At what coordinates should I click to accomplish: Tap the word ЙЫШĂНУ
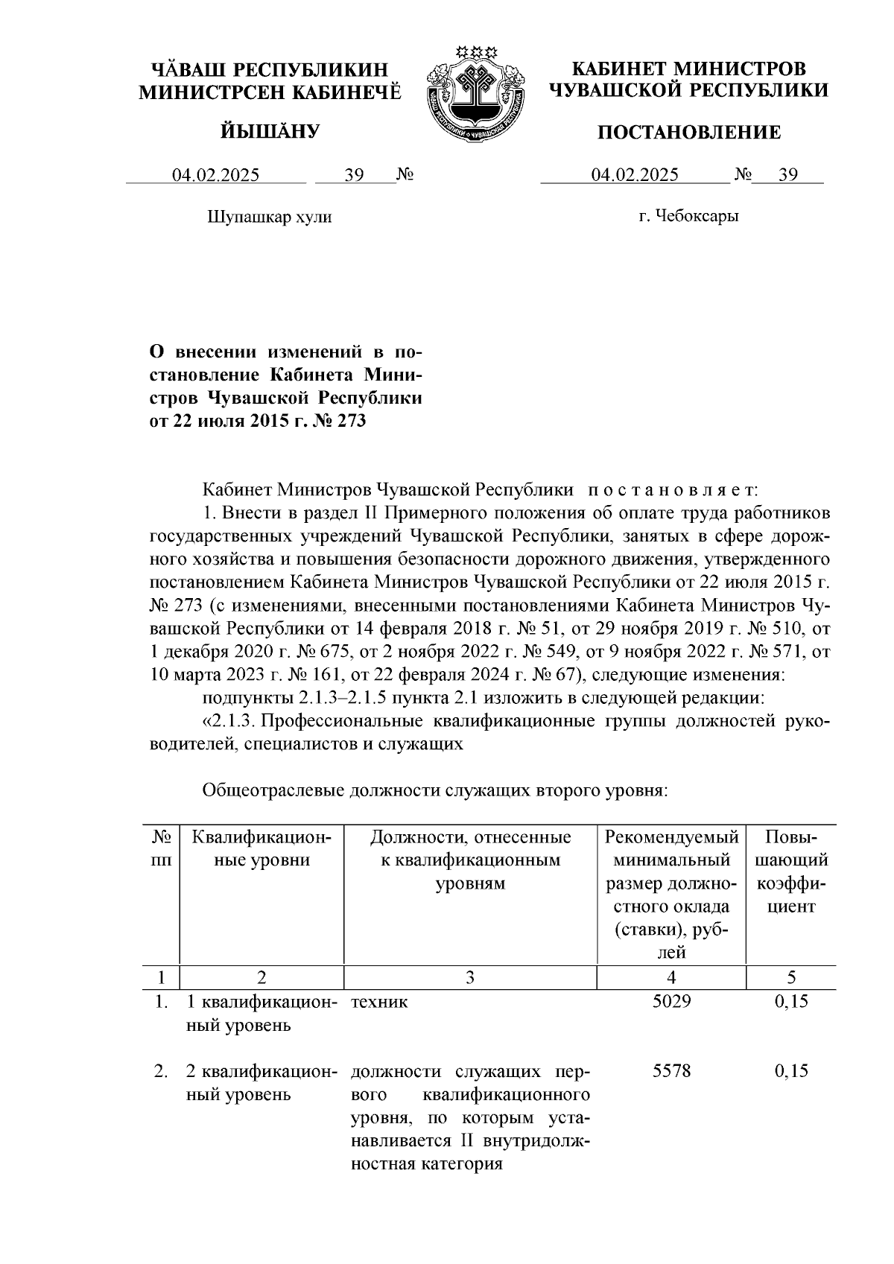click(270, 132)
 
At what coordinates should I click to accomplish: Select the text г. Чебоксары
click(689, 217)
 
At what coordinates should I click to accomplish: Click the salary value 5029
click(671, 1002)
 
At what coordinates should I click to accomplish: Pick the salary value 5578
click(671, 1071)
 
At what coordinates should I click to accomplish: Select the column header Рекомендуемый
click(671, 837)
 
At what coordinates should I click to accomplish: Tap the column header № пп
click(162, 848)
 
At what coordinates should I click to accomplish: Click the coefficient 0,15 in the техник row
click(791, 1002)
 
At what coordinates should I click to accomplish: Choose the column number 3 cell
click(469, 977)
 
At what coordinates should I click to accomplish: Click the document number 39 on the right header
click(787, 175)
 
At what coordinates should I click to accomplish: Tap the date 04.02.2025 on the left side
click(216, 176)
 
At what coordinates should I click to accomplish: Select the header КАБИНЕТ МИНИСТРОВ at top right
click(688, 69)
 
